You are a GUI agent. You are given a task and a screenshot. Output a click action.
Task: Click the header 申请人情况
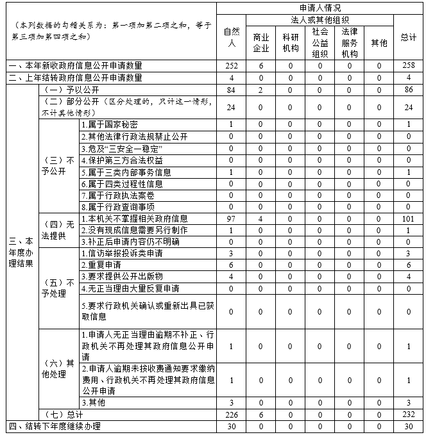coord(320,8)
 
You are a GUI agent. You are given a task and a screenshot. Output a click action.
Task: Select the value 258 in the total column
coord(408,65)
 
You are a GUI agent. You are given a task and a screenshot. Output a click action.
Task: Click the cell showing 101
coord(408,218)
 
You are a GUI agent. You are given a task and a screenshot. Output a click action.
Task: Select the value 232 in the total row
coord(408,414)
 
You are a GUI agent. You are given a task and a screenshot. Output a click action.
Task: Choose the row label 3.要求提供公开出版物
coord(122,276)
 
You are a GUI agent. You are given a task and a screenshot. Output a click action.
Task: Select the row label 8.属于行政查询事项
coord(118,206)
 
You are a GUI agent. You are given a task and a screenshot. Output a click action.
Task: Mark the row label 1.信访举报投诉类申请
coord(122,253)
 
